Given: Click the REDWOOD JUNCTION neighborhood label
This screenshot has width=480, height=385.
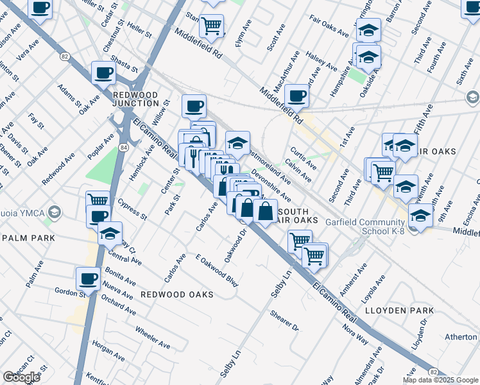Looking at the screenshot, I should pos(135,98).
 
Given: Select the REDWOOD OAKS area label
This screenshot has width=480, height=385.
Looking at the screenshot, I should pos(177,293).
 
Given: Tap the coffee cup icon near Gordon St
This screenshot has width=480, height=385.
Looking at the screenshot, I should pos(88,279).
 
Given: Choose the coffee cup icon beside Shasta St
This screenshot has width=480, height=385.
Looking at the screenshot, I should pos(103,73).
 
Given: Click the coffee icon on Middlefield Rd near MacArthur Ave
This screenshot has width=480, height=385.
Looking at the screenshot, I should pos(296,96).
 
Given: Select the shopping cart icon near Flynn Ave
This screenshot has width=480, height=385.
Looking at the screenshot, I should pos(212,26).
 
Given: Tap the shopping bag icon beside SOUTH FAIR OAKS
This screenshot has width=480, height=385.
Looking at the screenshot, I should pos(265,210).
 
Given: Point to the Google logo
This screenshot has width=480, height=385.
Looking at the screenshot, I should pos(21,377).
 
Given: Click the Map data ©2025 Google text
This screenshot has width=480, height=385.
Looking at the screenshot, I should pos(440,380).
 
